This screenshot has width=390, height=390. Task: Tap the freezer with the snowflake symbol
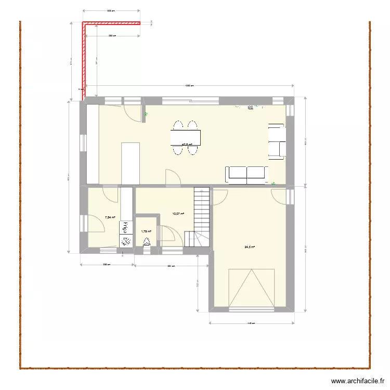pyautogui.click(x=126, y=240)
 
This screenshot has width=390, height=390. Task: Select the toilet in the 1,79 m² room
pyautogui.click(x=147, y=241)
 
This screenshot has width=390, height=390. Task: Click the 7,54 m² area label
pyautogui.click(x=110, y=218)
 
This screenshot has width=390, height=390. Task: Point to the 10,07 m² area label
pyautogui.click(x=178, y=213)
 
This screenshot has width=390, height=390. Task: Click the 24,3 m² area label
pyautogui.click(x=250, y=247)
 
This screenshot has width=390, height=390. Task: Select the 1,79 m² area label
pyautogui.click(x=146, y=232)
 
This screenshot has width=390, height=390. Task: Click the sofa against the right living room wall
pyautogui.click(x=276, y=140)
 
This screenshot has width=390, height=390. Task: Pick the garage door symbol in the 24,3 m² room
pyautogui.click(x=252, y=288)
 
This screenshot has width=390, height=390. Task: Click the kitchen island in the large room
pyautogui.click(x=131, y=163)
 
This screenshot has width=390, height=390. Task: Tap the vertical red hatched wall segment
pyautogui.click(x=83, y=60)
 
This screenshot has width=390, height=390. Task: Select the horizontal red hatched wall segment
pyautogui.click(x=112, y=22)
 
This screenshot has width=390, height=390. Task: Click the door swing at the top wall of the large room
pyautogui.click(x=132, y=111)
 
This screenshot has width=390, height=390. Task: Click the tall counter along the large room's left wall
pyautogui.click(x=93, y=144)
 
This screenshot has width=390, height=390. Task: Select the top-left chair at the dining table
pyautogui.click(x=178, y=125)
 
